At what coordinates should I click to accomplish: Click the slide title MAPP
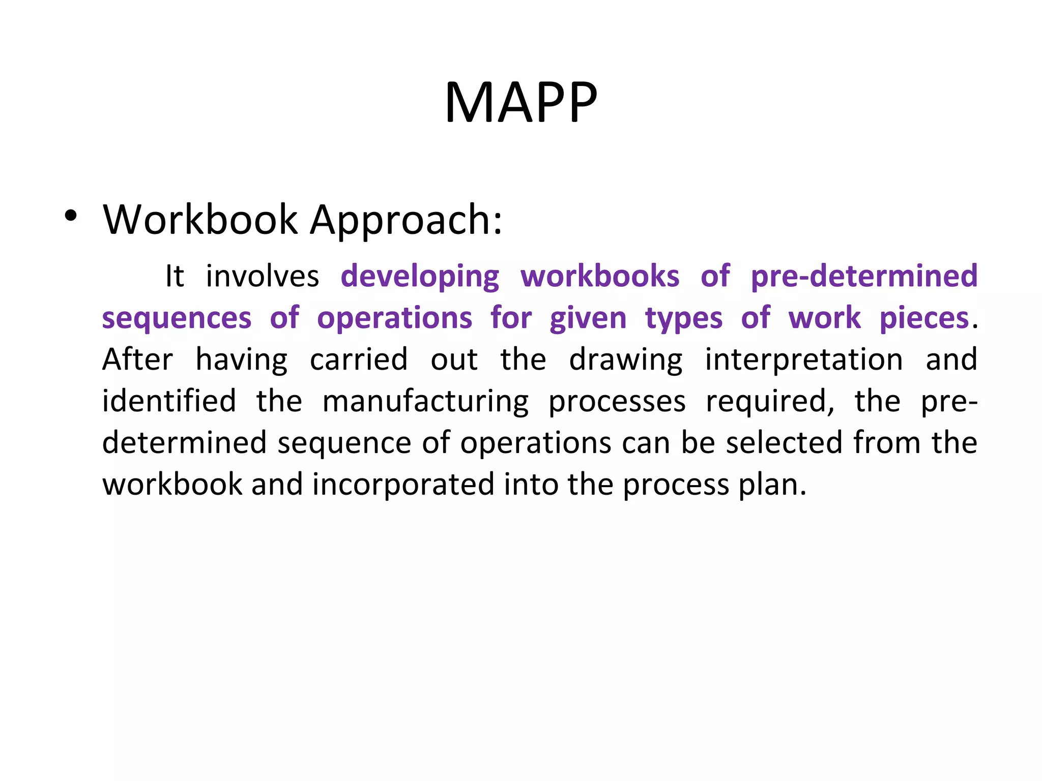(520, 103)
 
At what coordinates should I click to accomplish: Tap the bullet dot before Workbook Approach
(71, 217)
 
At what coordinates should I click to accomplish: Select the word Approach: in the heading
(406, 221)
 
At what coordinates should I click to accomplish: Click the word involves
(262, 277)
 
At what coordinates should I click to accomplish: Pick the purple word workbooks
(600, 277)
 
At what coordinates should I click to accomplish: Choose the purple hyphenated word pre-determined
(864, 277)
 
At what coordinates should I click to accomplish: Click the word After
(138, 360)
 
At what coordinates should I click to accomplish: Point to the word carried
(359, 360)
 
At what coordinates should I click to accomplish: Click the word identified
(169, 402)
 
